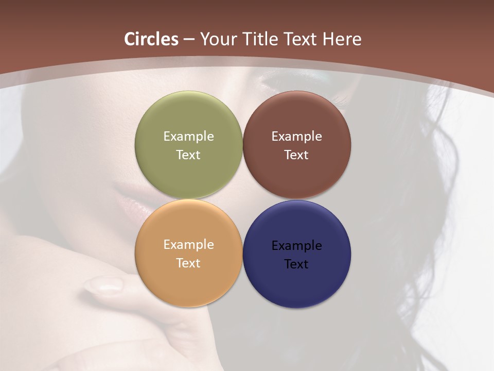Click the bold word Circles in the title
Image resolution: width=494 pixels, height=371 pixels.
tap(151, 39)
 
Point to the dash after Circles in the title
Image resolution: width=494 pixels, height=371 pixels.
tap(189, 39)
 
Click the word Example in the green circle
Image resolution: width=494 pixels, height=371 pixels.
tap(188, 136)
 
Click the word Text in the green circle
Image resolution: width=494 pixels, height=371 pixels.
tap(188, 155)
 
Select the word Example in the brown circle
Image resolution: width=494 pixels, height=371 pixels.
tap(297, 136)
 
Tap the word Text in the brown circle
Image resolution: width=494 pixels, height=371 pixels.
tap(297, 155)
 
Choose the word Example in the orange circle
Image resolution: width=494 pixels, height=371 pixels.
tap(188, 244)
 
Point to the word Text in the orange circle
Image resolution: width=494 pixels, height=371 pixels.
tap(188, 263)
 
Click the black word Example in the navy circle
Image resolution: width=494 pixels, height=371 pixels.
tap(297, 245)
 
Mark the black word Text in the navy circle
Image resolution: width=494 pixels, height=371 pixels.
tap(297, 264)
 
